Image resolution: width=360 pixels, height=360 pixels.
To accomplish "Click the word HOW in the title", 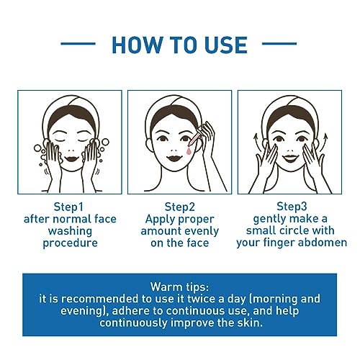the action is point(137,45).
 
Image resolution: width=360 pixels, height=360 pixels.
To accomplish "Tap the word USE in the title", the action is point(226,45).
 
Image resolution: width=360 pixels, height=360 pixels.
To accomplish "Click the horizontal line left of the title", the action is point(78,44).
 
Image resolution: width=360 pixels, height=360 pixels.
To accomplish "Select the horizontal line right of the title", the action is point(279,44).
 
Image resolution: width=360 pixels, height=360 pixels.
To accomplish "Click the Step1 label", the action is point(68,207).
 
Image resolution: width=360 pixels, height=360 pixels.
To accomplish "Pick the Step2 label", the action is point(180,207).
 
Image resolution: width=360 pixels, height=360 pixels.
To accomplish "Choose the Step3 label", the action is point(292,207).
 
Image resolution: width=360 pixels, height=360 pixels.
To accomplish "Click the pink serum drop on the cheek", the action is point(189,151).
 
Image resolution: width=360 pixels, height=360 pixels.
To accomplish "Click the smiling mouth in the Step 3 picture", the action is point(290,158).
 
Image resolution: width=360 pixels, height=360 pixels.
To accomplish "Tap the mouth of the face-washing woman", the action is point(71,158).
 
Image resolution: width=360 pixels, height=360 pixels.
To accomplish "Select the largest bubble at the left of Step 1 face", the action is point(37,148).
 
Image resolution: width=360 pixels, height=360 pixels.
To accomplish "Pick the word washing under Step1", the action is point(70,231).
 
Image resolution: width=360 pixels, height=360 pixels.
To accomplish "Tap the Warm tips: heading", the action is point(180,287).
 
